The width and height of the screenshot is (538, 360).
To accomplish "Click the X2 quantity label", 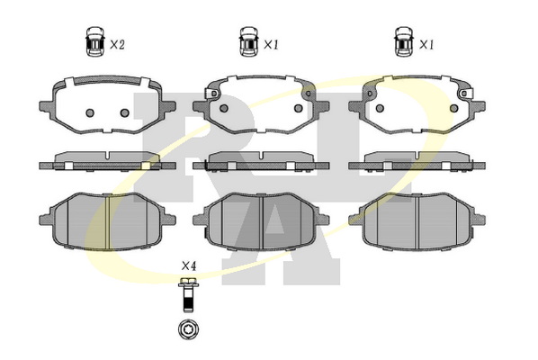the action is click(117, 45).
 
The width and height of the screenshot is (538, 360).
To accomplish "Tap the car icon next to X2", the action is click(94, 40).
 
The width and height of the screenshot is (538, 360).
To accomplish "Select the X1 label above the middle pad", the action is click(271, 45).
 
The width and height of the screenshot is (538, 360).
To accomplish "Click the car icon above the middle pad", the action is click(248, 40).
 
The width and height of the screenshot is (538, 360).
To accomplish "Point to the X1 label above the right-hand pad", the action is click(426, 45).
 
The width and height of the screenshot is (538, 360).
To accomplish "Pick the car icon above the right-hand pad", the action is click(404, 40).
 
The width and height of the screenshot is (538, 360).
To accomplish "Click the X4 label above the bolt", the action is click(189, 265).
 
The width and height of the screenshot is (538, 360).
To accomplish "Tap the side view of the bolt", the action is click(188, 295).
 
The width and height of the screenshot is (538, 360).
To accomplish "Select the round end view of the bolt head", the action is click(189, 329).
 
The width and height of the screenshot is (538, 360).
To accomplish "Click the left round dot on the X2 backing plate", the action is click(90, 112).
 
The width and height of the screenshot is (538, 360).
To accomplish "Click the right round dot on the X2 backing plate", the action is click(124, 112).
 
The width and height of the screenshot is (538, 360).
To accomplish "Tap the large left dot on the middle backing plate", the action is click(224, 108).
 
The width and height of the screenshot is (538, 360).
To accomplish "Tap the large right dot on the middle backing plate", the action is click(299, 108).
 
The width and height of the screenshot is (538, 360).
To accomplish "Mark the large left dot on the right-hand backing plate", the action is click(380, 108).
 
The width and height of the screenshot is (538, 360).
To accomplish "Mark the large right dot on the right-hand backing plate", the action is click(454, 108).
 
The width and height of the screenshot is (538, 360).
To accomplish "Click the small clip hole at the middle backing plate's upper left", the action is click(213, 94).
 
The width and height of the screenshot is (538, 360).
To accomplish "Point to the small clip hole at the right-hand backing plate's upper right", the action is click(464, 94).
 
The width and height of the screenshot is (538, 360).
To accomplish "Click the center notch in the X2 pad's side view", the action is click(108, 156).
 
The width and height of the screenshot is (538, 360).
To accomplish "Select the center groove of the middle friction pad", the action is click(262, 221).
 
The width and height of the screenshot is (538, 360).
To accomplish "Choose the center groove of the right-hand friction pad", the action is click(417, 221).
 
